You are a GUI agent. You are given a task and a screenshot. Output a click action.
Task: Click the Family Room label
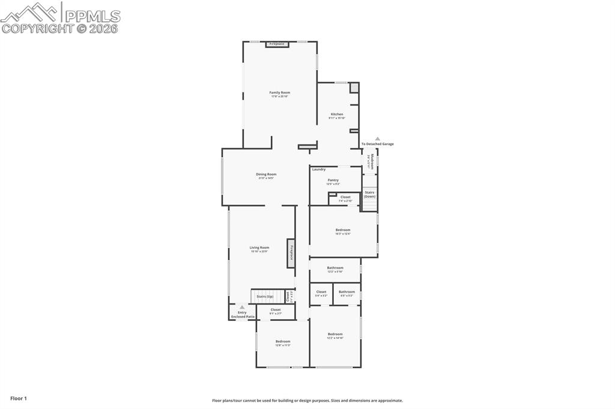point(279,92)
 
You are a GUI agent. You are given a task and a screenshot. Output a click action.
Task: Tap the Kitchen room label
point(337,114)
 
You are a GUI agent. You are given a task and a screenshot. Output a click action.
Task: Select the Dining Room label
point(266,175)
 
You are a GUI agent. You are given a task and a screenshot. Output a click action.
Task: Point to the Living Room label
point(259,248)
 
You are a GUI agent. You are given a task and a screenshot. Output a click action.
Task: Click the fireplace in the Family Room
point(277,44)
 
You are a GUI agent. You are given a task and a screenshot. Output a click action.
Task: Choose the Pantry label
point(333,180)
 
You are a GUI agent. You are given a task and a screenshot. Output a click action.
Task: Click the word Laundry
point(318,169)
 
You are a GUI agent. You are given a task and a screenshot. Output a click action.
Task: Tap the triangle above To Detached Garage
point(378,139)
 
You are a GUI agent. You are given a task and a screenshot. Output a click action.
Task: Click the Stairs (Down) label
point(369,194)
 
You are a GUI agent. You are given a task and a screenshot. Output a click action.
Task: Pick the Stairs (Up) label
point(265,296)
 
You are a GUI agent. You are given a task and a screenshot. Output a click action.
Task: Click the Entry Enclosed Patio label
point(243,314)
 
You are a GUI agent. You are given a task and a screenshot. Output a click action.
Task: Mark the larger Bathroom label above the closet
point(335,268)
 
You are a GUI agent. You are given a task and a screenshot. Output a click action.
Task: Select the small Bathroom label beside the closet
point(347,292)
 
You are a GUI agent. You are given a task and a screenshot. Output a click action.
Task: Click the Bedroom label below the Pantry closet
point(343,230)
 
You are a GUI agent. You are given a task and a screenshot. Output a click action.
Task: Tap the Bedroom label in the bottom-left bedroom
point(283,341)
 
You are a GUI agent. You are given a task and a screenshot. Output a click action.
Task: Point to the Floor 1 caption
point(19,398)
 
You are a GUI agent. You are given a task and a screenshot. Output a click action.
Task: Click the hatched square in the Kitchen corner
point(354,88)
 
